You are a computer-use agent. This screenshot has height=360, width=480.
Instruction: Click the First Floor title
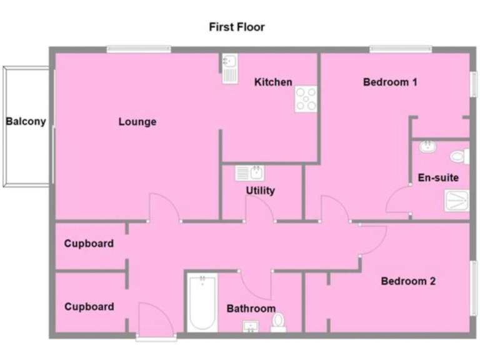click(x=236, y=27)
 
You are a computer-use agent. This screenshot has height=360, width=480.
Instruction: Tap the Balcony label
click(x=26, y=121)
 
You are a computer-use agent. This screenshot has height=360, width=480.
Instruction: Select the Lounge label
click(x=137, y=121)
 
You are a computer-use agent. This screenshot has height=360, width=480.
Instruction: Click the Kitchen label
click(x=273, y=82)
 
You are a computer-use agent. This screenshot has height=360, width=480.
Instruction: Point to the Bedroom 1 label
click(x=390, y=82)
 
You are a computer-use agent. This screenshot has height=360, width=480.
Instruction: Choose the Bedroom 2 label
click(x=408, y=281)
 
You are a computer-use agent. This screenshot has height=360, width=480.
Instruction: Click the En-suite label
click(x=438, y=177)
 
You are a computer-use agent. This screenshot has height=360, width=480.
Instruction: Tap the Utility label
click(x=260, y=191)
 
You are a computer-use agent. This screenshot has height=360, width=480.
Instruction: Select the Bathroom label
click(x=251, y=309)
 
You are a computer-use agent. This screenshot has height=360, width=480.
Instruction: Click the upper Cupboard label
click(x=89, y=244)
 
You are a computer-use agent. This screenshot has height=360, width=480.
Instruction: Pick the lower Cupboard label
click(x=89, y=307)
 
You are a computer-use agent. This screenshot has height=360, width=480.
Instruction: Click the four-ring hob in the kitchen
click(x=306, y=99)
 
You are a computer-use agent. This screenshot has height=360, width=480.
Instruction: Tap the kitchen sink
click(x=228, y=67)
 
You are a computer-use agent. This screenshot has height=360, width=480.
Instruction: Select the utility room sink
click(x=250, y=173)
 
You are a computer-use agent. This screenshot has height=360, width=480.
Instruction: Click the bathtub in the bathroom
click(x=202, y=303)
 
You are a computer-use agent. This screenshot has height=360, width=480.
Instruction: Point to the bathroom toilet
click(x=279, y=322)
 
